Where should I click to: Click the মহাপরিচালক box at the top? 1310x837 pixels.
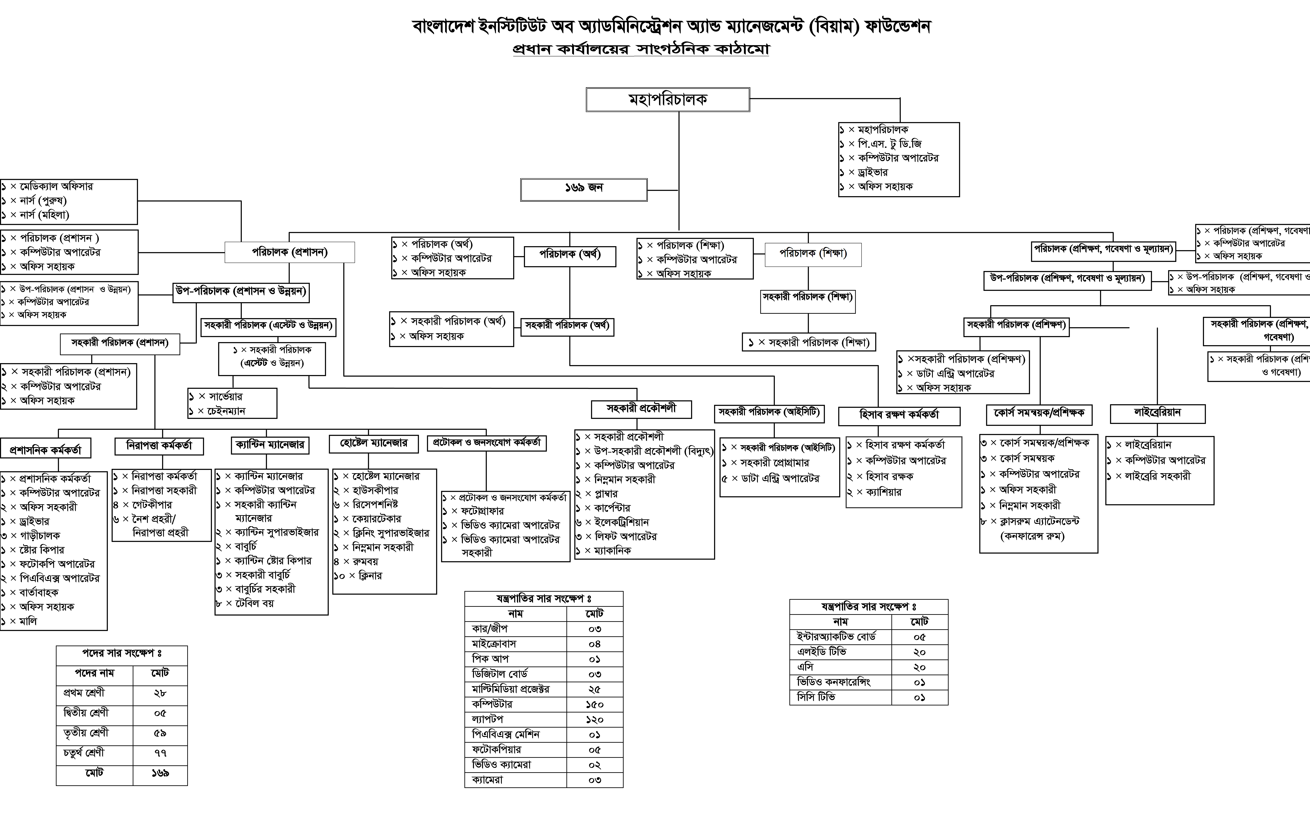(668, 100)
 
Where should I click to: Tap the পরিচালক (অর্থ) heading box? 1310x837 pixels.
(570, 256)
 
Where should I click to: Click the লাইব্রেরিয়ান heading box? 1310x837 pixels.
(1157, 413)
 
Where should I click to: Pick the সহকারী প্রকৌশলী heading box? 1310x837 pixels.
(641, 409)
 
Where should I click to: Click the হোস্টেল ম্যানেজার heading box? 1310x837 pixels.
(374, 444)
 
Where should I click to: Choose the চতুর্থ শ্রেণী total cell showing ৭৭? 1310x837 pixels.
(160, 753)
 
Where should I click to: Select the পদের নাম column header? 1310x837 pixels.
(95, 673)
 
